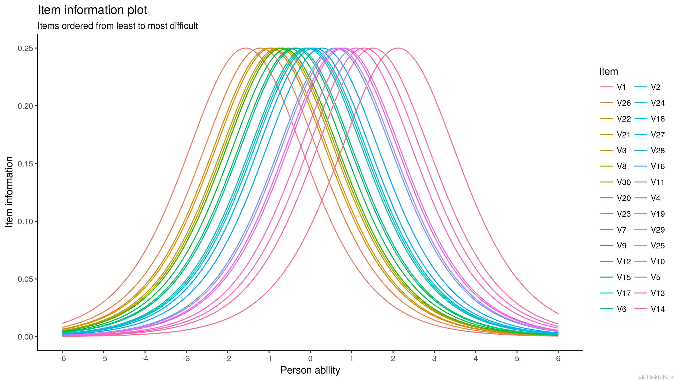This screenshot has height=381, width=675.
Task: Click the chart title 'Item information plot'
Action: (92, 10)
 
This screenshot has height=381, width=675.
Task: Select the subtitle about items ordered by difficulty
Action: (118, 26)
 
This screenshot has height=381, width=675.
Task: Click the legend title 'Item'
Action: (608, 72)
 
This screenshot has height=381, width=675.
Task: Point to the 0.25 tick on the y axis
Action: (25, 48)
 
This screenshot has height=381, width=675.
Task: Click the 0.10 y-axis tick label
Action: (25, 221)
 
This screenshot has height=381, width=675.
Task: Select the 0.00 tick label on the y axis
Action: (25, 337)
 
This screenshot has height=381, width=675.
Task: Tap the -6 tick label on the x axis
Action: (62, 358)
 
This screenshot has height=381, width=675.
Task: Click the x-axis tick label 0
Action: (310, 358)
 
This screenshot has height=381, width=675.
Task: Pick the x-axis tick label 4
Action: (475, 358)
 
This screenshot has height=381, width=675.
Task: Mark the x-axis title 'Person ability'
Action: (310, 370)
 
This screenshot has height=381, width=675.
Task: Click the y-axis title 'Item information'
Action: (9, 192)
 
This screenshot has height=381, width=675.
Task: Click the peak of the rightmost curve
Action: (398, 48)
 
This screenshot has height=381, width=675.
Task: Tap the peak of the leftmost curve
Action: (246, 48)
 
